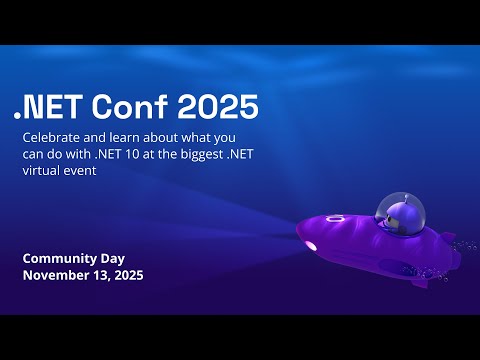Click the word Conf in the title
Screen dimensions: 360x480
click(x=132, y=104)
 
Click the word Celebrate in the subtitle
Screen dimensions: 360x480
click(x=55, y=135)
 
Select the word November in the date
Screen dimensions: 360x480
click(x=58, y=275)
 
